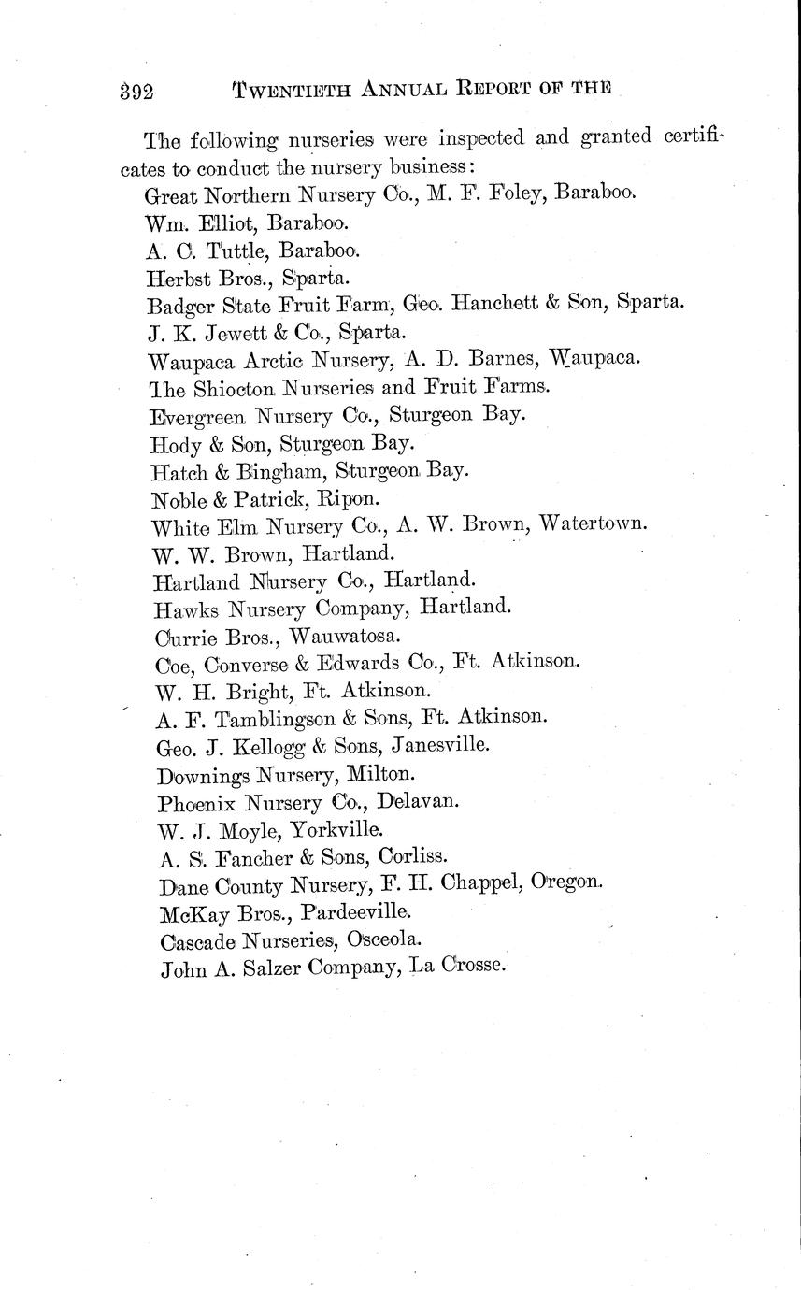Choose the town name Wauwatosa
coord(344,636)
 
